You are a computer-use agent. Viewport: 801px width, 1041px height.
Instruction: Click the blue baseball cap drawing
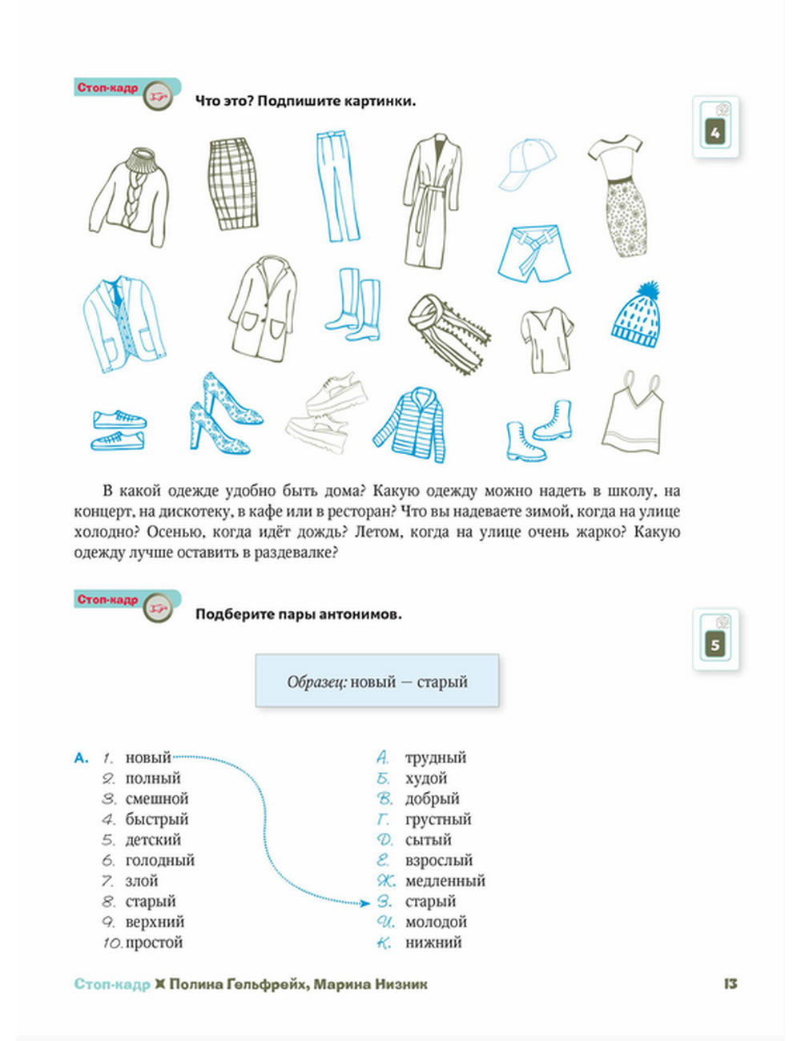click(x=526, y=164)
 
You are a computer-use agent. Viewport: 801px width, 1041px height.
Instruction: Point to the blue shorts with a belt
click(x=534, y=253)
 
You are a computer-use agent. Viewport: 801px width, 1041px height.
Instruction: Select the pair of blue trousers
click(x=340, y=186)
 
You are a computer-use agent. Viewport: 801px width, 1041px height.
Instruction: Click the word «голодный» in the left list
click(x=159, y=861)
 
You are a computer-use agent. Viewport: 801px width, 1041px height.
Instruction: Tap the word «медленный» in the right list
click(x=445, y=881)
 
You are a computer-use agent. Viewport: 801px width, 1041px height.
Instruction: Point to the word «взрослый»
click(x=438, y=861)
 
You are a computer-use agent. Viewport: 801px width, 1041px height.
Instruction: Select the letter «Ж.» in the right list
click(x=386, y=881)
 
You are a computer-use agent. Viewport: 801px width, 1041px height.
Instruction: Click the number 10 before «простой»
click(x=111, y=943)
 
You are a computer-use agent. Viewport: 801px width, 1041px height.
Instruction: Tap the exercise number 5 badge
click(x=715, y=644)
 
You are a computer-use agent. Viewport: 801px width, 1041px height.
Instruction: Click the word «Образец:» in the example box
click(x=316, y=683)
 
